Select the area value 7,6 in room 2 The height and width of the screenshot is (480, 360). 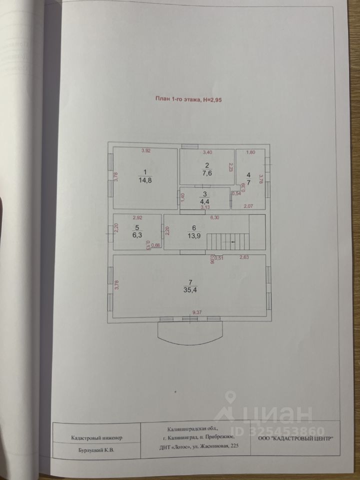point(207,174)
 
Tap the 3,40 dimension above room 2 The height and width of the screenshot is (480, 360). point(207,151)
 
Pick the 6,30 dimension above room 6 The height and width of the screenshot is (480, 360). point(216,217)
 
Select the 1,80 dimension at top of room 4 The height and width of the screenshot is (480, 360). point(251,151)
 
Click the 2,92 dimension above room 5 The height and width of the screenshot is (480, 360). point(137,217)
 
